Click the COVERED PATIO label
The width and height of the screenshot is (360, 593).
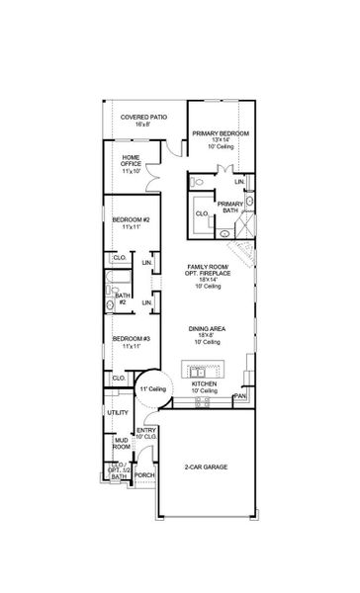pos(143,120)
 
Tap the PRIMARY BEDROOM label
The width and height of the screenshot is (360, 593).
pos(220,136)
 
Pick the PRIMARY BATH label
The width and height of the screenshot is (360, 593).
pos(229,207)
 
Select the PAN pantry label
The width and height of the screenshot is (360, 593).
pos(239,397)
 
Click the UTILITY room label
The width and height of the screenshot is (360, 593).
pos(119,412)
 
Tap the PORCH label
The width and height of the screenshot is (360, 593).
pos(144,475)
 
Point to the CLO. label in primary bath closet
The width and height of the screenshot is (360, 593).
pos(201,212)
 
